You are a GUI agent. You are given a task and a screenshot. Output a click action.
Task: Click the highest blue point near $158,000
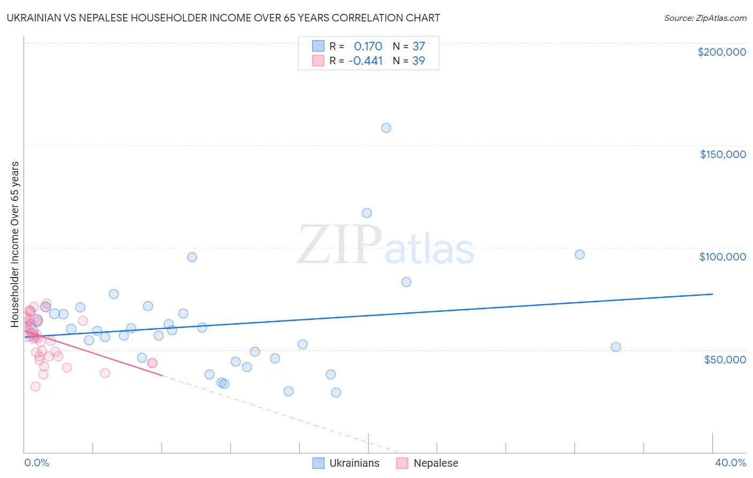[386, 128]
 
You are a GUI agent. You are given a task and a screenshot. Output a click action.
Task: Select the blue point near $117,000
[367, 213]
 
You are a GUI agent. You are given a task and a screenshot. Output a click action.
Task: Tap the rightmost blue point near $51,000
[616, 347]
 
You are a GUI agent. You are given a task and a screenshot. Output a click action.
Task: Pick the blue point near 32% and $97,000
[579, 255]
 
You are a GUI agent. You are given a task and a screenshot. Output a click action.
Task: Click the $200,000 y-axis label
[721, 52]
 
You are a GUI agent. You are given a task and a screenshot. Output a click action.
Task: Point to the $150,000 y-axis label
[722, 154]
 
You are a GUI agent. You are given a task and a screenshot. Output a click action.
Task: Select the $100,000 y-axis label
[722, 257]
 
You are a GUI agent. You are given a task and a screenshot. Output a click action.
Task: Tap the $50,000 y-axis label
[725, 359]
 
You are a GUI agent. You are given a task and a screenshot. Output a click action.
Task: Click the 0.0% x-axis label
[36, 462]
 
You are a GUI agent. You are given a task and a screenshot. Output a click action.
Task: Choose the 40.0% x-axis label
[730, 462]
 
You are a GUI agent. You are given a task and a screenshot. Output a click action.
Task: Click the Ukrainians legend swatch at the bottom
[319, 463]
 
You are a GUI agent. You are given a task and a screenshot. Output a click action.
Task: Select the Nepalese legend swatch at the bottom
[402, 463]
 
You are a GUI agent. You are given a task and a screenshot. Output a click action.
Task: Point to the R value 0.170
[368, 46]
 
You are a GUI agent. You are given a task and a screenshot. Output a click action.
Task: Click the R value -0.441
[365, 61]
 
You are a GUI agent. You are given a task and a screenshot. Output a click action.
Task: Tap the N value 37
[418, 46]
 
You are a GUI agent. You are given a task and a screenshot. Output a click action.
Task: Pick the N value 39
[418, 61]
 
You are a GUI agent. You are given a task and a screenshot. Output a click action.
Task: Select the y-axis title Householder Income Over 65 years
[15, 244]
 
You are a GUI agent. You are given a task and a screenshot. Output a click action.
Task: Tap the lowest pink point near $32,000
[35, 386]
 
